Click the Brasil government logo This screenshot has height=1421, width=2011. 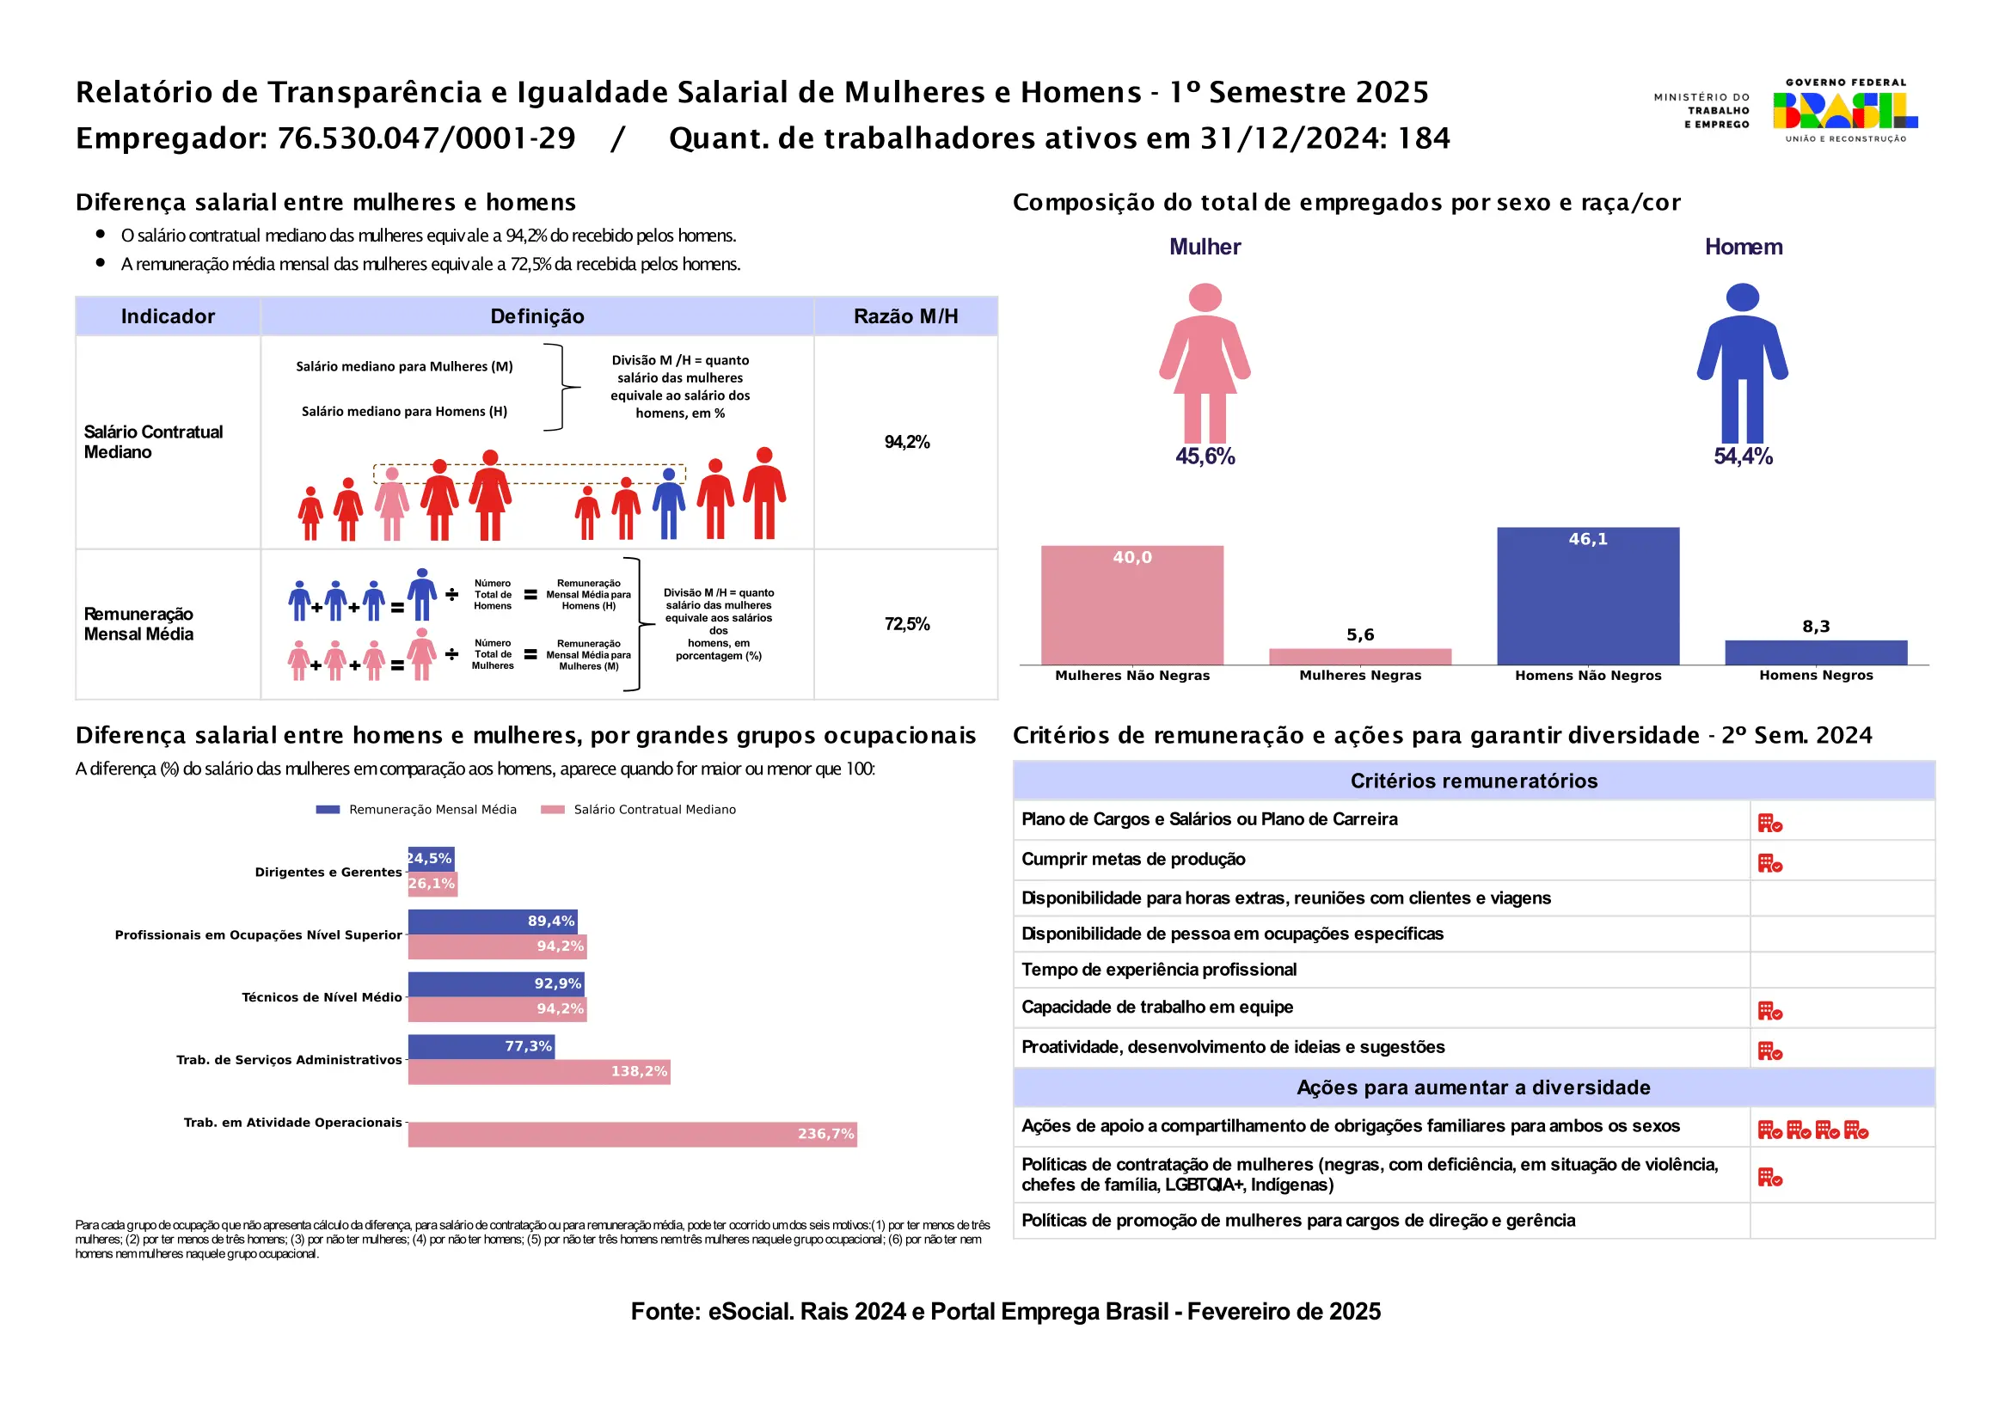point(1844,110)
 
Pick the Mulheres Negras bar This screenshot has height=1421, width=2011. point(1359,656)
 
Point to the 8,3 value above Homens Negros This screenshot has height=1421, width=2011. point(1816,626)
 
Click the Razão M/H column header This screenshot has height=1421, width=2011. point(905,316)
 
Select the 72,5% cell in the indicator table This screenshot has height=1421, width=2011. point(906,623)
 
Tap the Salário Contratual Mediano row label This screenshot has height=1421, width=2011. point(153,441)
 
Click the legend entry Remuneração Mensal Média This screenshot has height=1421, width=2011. point(432,809)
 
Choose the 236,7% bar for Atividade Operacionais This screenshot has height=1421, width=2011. point(632,1134)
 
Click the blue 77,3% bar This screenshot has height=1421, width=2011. point(481,1046)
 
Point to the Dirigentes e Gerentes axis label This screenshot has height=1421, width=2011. point(328,872)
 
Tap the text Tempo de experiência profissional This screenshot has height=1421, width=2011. point(1158,969)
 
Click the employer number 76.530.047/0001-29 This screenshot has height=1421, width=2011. point(426,138)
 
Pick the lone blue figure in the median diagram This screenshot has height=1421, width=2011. point(668,503)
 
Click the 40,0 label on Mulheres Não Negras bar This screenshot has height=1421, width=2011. point(1131,557)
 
